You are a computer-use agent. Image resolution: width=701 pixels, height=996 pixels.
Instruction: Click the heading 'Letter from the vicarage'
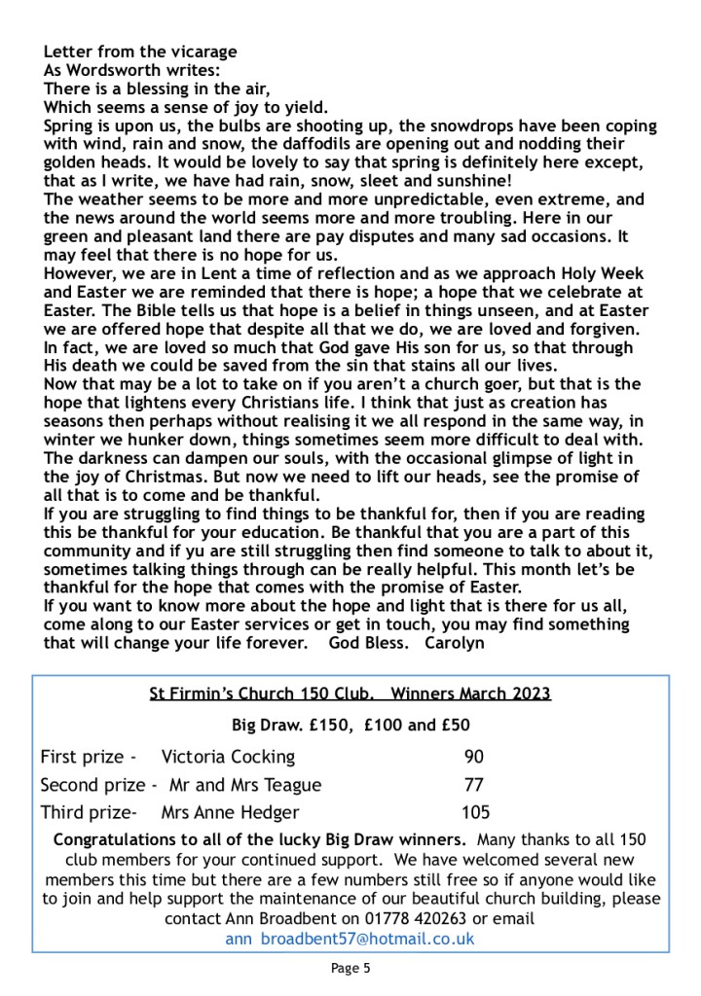[x=140, y=52]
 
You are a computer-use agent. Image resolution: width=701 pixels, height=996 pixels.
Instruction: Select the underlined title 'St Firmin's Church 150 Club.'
[x=261, y=694]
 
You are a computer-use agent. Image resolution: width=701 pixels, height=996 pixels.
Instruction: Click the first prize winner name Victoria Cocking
[x=228, y=757]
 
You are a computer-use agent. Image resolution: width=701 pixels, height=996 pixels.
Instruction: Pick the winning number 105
[x=475, y=812]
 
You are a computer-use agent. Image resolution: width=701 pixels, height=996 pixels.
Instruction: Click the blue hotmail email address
[x=350, y=939]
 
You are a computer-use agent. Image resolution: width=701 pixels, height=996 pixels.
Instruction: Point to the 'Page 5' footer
[x=350, y=968]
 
